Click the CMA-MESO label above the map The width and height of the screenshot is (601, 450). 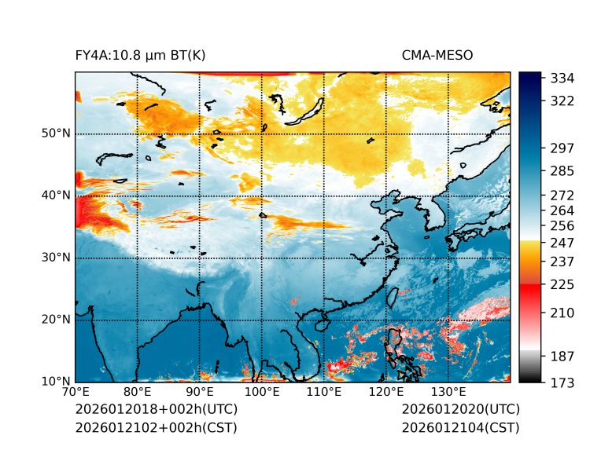click(437, 56)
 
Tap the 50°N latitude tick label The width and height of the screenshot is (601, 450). click(56, 134)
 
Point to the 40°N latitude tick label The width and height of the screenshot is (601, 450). click(56, 196)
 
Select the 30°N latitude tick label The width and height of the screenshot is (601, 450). click(56, 258)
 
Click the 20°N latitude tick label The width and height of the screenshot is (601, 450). click(56, 320)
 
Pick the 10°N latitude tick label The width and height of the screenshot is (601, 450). click(56, 382)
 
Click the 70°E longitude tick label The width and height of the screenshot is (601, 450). click(76, 393)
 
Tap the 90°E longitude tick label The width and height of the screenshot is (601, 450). click(200, 393)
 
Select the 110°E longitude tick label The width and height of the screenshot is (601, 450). click(324, 393)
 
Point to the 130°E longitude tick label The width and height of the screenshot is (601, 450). click(448, 393)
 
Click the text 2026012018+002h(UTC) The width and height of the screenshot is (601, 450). click(156, 410)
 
